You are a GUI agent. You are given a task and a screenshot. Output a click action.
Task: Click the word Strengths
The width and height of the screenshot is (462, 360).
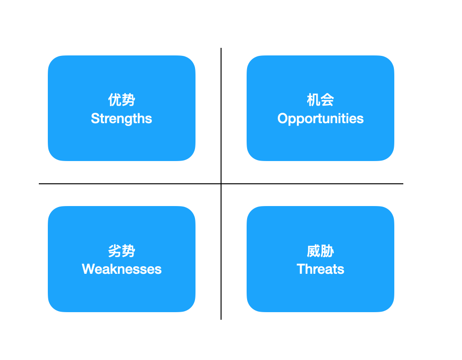[121, 118]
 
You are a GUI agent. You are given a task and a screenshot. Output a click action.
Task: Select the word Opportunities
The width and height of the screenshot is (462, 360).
[320, 118]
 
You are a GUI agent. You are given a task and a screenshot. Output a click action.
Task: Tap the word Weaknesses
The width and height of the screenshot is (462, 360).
[122, 269]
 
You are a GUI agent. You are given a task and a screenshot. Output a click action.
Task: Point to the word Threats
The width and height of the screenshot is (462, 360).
[320, 269]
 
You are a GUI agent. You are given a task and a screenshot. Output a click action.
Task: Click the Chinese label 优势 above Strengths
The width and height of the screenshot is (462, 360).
[122, 99]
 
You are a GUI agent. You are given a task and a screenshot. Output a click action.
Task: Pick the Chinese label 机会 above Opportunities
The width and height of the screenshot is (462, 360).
[320, 99]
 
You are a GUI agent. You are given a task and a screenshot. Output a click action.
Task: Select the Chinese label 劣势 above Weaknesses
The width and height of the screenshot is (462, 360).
[122, 251]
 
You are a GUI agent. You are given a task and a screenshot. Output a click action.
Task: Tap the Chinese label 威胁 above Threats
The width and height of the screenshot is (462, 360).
[320, 251]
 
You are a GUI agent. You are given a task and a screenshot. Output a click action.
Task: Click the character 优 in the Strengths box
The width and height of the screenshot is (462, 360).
[115, 99]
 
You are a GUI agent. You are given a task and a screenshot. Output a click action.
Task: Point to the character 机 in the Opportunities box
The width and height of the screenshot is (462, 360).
[313, 99]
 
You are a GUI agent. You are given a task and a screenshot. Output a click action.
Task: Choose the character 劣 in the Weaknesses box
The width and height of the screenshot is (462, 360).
[115, 251]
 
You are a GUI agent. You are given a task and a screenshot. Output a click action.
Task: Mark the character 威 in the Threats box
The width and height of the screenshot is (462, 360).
[313, 251]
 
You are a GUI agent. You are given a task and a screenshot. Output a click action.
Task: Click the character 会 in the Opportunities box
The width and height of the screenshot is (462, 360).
[328, 99]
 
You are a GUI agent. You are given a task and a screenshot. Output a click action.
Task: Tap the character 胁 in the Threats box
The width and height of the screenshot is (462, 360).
[328, 251]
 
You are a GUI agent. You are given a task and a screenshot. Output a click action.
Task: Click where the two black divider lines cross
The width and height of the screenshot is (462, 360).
[221, 184]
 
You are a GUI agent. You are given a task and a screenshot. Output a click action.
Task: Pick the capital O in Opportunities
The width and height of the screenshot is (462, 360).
[283, 118]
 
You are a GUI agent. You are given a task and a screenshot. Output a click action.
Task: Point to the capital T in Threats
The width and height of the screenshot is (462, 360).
[301, 269]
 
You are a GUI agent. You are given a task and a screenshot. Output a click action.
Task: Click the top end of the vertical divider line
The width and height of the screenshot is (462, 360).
[221, 48]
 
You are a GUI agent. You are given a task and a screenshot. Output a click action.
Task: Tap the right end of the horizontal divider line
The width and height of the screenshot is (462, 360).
[403, 184]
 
